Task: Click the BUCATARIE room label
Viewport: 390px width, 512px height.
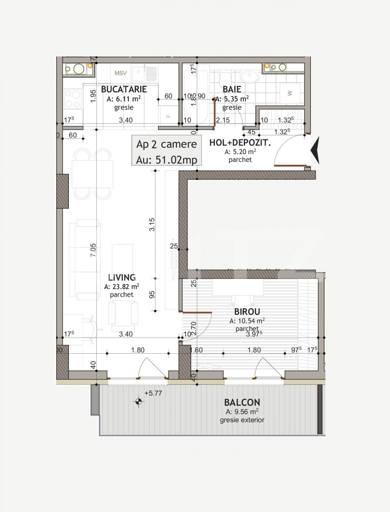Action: click(x=124, y=89)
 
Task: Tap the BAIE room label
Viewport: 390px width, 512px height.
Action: click(x=232, y=89)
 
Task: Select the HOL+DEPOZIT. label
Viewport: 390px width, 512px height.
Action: click(x=240, y=143)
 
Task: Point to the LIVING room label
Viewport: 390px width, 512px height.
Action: click(x=122, y=277)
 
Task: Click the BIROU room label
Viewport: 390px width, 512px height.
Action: click(x=247, y=311)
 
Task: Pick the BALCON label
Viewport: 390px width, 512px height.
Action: click(x=242, y=402)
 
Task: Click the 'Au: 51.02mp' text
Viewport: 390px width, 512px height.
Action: click(x=166, y=159)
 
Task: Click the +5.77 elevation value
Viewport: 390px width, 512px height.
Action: click(x=153, y=393)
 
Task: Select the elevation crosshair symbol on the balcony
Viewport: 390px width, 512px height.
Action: click(x=138, y=401)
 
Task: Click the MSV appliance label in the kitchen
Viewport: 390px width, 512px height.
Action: click(x=121, y=73)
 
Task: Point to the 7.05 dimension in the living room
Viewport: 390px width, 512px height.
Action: click(x=93, y=250)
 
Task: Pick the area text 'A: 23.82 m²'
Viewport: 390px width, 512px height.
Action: click(x=122, y=287)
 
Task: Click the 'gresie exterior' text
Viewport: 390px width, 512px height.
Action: click(x=242, y=420)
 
